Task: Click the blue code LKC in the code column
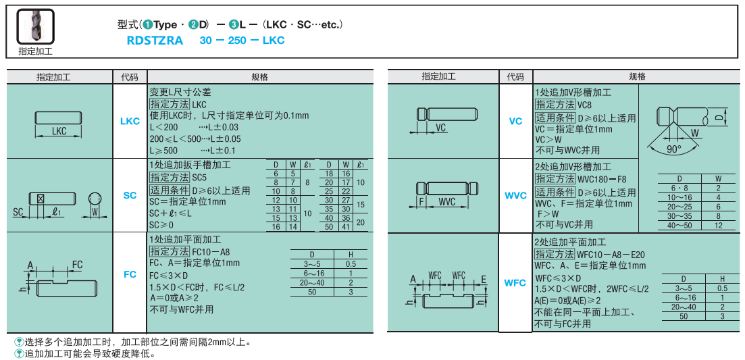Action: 130,122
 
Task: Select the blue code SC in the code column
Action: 130,195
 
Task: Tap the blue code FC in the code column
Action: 130,275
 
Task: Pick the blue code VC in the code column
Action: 515,122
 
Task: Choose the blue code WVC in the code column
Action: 515,196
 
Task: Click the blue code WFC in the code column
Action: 515,283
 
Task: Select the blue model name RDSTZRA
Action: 155,41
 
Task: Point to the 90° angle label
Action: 674,149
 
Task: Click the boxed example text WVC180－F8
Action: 602,179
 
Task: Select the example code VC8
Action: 584,105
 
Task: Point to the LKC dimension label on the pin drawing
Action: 59,131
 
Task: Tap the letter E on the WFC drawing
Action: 484,278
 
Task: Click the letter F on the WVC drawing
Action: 421,202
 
